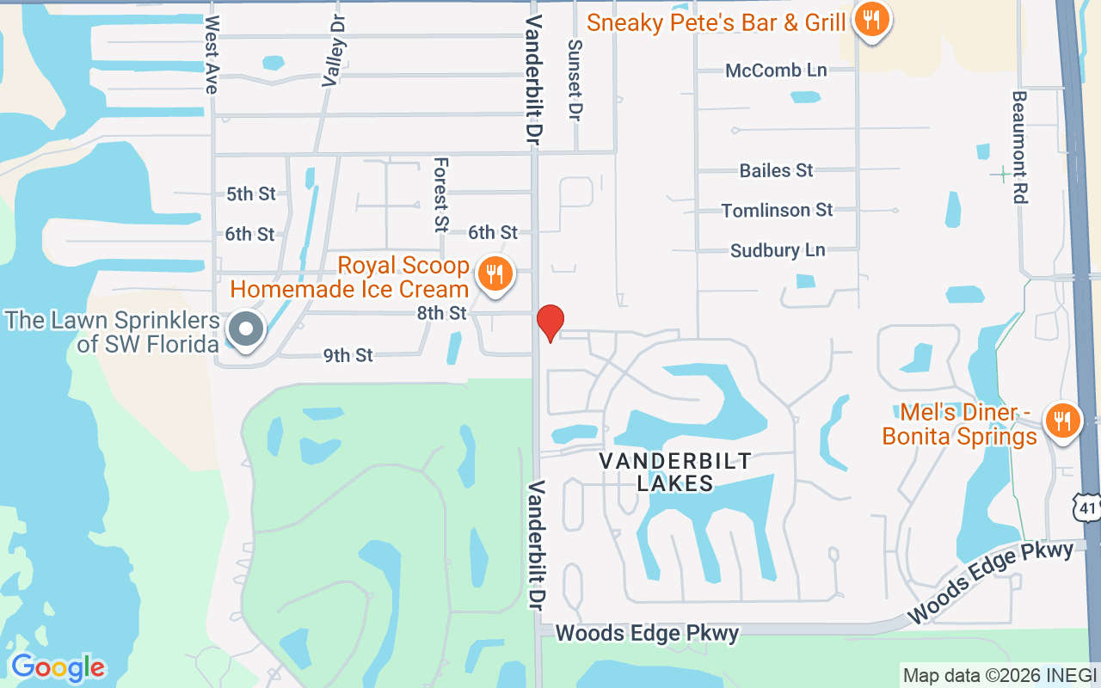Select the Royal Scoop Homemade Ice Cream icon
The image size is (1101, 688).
coord(494,274)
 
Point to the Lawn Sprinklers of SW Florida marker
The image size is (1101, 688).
coord(247,329)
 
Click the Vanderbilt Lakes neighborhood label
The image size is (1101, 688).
coord(675,471)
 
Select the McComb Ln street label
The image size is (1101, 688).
coord(776,71)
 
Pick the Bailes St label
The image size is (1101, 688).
coord(776,170)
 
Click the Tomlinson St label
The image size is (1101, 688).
coord(777,210)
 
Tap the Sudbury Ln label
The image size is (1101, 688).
coord(777,250)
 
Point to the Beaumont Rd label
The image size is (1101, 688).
coord(1020,147)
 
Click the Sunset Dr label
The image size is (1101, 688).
coord(575,79)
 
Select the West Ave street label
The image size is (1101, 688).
coord(212,54)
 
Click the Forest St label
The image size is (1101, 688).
coord(441,194)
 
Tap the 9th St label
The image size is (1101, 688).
coord(348,354)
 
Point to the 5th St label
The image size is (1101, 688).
coord(250,193)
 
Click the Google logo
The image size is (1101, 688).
coord(58,666)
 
